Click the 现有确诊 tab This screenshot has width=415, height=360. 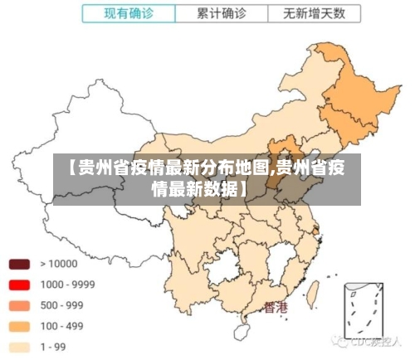pyautogui.click(x=129, y=13)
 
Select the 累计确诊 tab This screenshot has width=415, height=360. pyautogui.click(x=222, y=13)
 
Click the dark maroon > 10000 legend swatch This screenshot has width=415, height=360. pyautogui.click(x=19, y=265)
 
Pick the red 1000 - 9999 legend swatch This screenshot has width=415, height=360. pyautogui.click(x=19, y=285)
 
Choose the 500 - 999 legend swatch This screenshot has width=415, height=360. pyautogui.click(x=19, y=305)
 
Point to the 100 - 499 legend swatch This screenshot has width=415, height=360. pyautogui.click(x=19, y=326)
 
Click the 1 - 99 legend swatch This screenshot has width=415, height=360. pyautogui.click(x=19, y=347)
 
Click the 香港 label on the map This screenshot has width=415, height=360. pyautogui.click(x=276, y=308)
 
